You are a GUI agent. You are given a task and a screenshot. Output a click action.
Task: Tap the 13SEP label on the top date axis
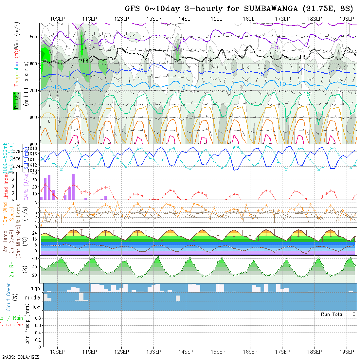[154, 18]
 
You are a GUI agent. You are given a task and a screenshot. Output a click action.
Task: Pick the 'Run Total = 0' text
[338, 314]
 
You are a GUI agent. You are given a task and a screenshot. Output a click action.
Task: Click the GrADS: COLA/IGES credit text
[20, 357]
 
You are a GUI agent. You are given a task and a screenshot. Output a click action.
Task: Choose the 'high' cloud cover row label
[35, 288]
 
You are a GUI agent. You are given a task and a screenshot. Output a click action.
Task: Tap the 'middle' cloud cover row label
[32, 298]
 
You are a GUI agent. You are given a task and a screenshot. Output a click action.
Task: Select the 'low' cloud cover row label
[36, 307]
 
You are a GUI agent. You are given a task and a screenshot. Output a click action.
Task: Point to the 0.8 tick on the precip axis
[37, 318]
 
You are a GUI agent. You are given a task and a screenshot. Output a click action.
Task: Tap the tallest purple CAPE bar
[73, 187]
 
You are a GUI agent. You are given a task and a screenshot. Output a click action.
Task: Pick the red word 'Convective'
[11, 325]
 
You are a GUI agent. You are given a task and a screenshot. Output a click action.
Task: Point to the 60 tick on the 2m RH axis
[34, 259]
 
